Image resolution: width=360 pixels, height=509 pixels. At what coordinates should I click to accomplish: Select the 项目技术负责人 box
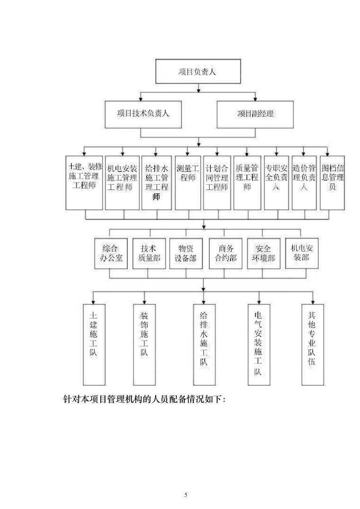point(142,114)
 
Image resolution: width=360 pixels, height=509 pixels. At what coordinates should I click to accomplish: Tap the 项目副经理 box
point(255,114)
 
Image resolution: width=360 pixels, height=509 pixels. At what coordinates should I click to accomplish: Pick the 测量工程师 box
point(188,182)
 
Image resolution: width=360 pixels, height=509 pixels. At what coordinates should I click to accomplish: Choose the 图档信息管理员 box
point(332,182)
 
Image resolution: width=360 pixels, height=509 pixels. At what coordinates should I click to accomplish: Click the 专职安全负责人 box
point(276,182)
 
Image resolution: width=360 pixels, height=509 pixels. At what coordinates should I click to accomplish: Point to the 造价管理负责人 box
point(304,182)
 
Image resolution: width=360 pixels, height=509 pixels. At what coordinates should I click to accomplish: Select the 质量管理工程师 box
point(247,182)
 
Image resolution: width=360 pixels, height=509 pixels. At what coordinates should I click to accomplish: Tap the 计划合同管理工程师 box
point(217,182)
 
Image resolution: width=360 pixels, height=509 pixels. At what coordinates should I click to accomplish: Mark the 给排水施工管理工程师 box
point(157,182)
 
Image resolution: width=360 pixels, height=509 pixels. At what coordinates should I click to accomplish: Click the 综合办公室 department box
point(111,253)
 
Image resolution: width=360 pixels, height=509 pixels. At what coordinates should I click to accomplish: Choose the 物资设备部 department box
point(186,253)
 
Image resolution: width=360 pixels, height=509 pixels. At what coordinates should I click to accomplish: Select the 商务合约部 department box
point(226,253)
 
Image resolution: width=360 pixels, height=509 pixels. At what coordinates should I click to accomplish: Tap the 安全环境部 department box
point(263,253)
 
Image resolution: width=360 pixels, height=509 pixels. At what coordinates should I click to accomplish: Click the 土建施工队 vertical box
point(94,344)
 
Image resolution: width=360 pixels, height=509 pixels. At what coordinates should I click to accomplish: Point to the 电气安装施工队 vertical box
point(259,344)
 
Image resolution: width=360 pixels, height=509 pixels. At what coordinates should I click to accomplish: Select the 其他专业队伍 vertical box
point(313,344)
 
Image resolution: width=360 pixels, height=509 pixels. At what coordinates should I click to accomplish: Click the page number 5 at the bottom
point(186,495)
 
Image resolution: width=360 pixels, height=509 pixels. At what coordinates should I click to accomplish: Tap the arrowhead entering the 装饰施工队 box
point(144,302)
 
